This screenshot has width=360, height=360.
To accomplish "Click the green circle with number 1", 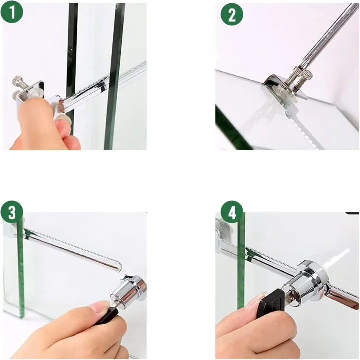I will pyautogui.click(x=12, y=13).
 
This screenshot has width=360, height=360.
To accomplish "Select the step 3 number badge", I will pyautogui.click(x=12, y=212).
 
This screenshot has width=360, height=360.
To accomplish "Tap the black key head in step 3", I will pyautogui.click(x=107, y=316).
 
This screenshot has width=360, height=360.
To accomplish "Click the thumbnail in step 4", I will pyautogui.click(x=261, y=300).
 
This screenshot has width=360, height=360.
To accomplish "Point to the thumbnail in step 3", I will pyautogui.click(x=102, y=306).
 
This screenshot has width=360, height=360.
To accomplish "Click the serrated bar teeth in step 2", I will pyautogui.click(x=300, y=125).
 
